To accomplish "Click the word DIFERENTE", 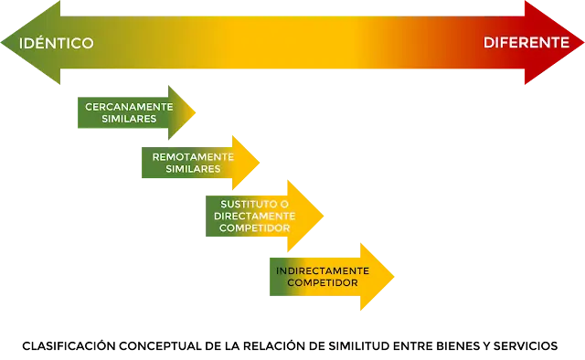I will pos(526,43).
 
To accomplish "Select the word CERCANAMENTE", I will pos(129,107).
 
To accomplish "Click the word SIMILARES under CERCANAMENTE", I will pos(129,119).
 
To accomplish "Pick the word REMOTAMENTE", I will pos(193,156).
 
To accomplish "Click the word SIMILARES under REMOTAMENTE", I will pos(193,169).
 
